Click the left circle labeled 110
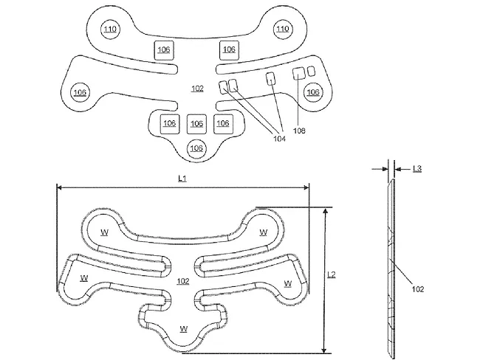[110, 30]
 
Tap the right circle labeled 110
[282, 30]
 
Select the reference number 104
[279, 138]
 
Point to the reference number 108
[298, 131]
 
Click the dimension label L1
[182, 179]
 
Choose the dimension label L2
[332, 274]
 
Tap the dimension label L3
[417, 169]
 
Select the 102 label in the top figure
[197, 89]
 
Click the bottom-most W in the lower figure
[182, 328]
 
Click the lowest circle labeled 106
[196, 148]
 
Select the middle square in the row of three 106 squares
[196, 122]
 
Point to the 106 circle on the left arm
[79, 92]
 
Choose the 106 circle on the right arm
[313, 92]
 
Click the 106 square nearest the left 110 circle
[164, 49]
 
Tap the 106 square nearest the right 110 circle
[229, 49]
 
